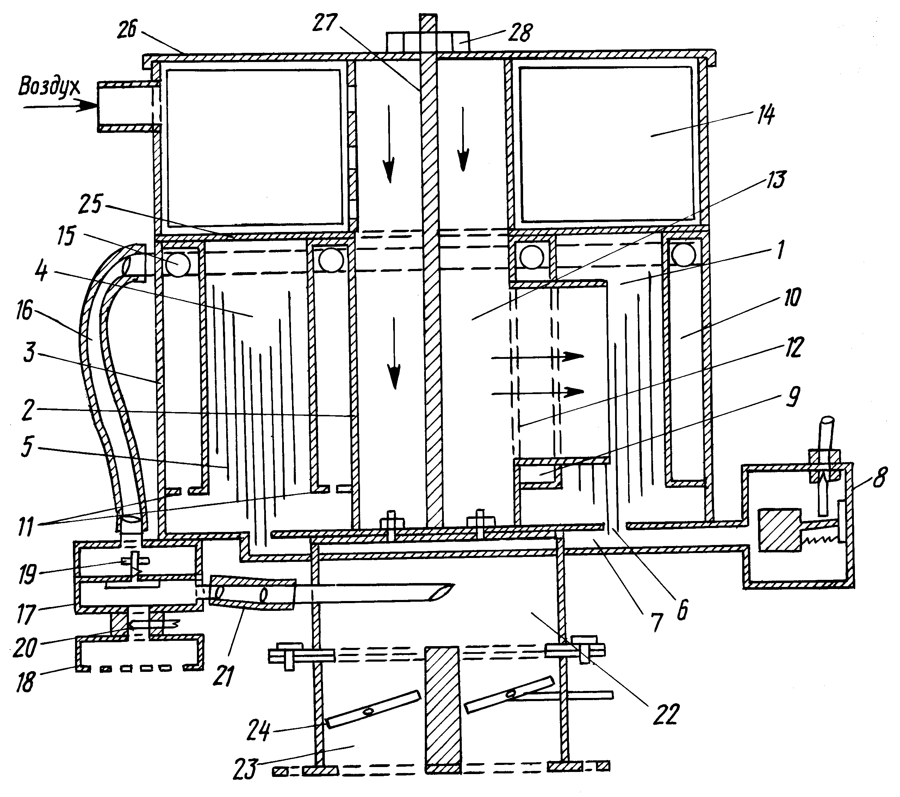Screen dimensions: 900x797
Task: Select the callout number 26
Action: click(127, 30)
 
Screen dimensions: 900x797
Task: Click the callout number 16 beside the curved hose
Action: click(25, 312)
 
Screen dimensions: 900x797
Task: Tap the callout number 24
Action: click(259, 732)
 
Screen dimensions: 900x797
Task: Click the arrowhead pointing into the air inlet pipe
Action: click(88, 106)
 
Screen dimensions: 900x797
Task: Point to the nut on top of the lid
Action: click(427, 43)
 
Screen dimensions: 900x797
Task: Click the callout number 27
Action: click(325, 23)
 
